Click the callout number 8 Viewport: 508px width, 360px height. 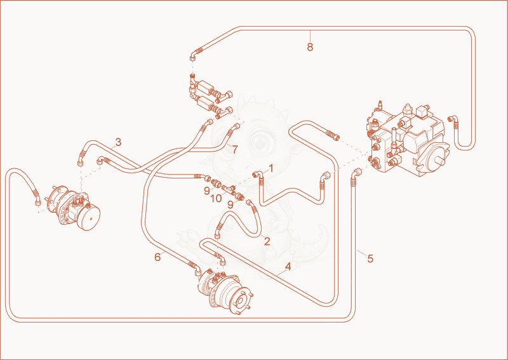point(310,47)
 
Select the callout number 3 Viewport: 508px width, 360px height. point(118,142)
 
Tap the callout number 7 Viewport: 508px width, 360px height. point(235,150)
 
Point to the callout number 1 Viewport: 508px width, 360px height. point(271,168)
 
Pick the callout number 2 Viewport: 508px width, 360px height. point(267,241)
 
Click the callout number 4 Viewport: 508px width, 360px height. point(288,267)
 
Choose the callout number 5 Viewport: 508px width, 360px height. point(370,258)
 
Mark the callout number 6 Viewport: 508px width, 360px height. point(157,257)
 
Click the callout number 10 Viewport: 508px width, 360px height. point(216,198)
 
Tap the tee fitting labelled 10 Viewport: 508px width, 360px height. point(229,189)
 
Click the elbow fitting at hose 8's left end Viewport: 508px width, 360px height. point(193,57)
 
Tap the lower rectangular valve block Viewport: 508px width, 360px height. point(204,103)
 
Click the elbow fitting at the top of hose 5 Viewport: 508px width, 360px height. point(356,173)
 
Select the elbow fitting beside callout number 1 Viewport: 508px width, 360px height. point(258,175)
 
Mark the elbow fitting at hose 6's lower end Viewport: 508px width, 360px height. point(197,270)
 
